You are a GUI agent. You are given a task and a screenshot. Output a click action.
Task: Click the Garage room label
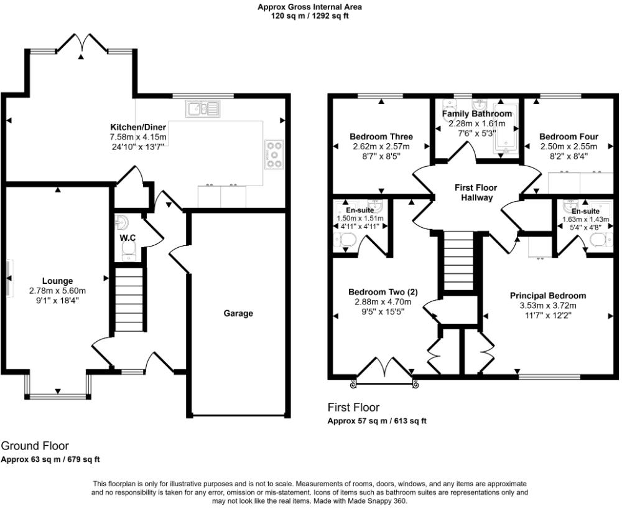[238, 313]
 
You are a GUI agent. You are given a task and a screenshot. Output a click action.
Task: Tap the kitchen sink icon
[203, 110]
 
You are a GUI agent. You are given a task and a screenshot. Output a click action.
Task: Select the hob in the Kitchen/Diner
[274, 154]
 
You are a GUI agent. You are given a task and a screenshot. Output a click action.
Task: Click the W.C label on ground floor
[128, 238]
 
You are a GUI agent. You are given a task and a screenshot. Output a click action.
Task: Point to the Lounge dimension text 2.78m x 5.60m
[57, 291]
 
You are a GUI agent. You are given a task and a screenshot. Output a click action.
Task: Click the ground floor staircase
[130, 299]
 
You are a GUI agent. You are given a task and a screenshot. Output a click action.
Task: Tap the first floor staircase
[459, 262]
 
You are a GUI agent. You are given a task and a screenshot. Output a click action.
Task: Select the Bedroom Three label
[381, 137]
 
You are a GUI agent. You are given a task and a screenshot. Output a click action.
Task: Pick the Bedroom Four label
[569, 137]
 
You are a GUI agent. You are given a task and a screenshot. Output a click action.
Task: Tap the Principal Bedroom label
[547, 295]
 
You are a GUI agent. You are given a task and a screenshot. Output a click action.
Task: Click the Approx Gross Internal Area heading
[310, 7]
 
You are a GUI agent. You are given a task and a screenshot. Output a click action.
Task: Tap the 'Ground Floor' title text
[35, 446]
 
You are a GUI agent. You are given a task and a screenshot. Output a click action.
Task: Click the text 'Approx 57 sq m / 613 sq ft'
[377, 421]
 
